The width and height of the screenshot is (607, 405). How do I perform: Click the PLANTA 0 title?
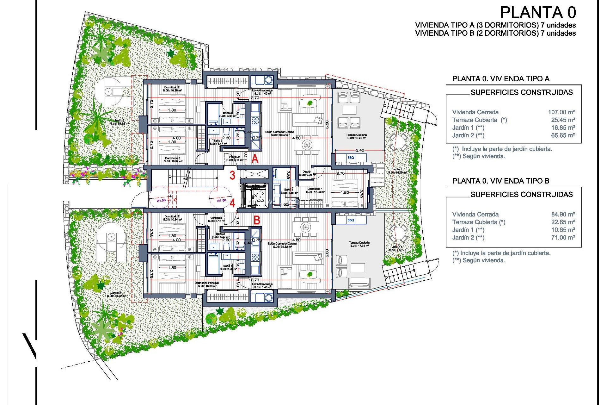538,13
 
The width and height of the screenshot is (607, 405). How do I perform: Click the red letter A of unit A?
255,159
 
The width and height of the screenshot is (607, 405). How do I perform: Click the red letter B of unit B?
257,220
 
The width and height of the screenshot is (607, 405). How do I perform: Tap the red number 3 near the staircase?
232,175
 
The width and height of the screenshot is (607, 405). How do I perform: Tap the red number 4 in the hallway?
232,203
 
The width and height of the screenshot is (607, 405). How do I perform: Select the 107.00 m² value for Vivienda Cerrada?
561,112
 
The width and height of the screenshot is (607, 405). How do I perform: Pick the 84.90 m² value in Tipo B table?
563,214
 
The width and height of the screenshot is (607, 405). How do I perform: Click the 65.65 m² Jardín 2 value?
563,135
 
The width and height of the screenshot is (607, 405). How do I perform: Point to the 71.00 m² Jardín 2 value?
563,238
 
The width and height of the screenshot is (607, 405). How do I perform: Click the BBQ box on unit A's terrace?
351,158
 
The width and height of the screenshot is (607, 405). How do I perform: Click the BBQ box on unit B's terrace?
351,220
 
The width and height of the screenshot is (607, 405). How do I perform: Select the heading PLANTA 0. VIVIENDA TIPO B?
501,181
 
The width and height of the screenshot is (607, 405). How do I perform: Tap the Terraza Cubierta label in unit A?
357,135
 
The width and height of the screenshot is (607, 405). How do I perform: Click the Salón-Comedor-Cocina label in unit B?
282,243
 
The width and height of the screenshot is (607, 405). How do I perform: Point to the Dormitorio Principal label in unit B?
207,283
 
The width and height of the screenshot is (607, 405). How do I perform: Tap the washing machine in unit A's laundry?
268,80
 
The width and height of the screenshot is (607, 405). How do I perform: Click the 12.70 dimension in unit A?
254,98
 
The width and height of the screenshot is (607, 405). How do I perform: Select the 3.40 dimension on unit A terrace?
360,150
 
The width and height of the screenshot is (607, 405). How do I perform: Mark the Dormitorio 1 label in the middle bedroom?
315,189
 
